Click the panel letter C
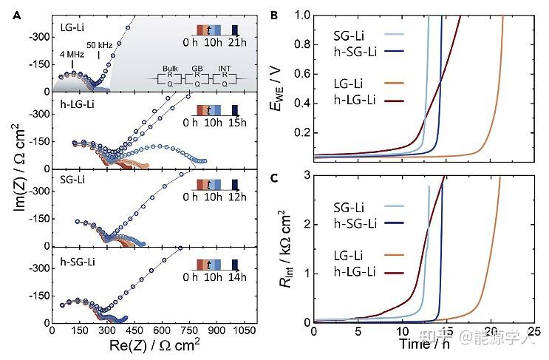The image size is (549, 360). (x=274, y=177)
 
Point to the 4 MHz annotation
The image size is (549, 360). (x=72, y=54)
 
